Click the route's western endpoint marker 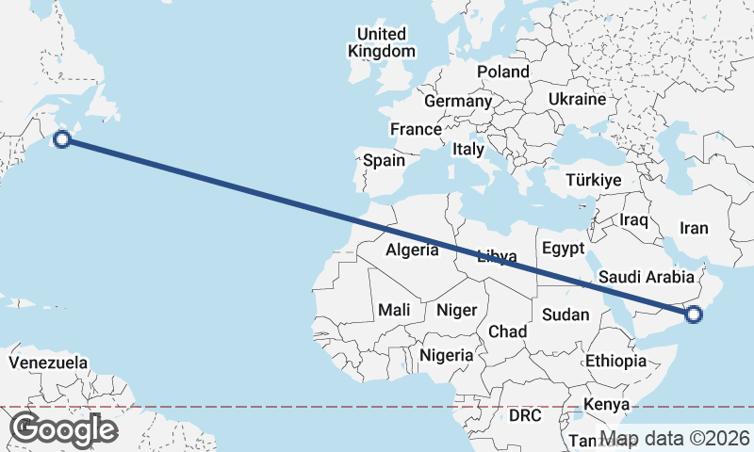coord(62,140)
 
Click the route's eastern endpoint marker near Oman coord(694,315)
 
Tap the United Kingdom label coord(382,43)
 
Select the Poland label coord(503,72)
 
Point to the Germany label coord(458,101)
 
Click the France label coord(416,129)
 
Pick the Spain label coord(384,160)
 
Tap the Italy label coord(468,149)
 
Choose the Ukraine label coord(577,99)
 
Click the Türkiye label coord(594,180)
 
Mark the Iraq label coord(634,219)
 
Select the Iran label coord(694,228)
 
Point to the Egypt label coord(564,249)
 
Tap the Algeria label coord(412,250)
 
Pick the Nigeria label coord(445,355)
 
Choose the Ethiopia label coord(615,361)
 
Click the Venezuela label coord(48,363)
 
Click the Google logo coord(64,429)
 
